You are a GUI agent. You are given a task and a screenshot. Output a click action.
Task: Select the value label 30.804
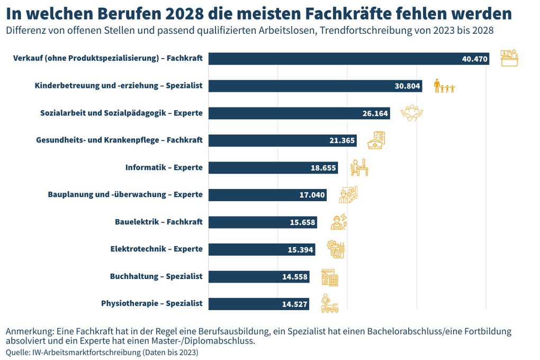click(x=407, y=86)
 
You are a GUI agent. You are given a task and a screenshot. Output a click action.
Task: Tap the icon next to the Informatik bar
click(x=359, y=168)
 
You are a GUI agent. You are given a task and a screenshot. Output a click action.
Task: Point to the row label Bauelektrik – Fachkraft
click(x=158, y=222)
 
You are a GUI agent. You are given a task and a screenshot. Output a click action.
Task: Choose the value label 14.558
click(x=294, y=277)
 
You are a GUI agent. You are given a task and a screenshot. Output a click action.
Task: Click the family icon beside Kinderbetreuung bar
click(x=444, y=86)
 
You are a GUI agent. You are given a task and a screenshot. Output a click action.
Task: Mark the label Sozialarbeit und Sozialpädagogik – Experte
click(x=121, y=113)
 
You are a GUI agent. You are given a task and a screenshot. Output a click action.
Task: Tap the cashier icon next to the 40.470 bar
click(x=509, y=58)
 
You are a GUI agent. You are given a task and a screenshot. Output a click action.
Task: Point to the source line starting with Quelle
click(x=102, y=352)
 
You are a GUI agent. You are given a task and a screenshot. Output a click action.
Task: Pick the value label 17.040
click(x=312, y=195)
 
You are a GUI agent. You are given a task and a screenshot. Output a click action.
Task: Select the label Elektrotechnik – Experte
click(x=156, y=249)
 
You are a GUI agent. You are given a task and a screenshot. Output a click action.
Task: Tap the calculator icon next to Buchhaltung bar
click(x=330, y=277)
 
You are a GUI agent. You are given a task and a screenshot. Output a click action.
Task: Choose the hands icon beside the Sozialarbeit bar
click(x=411, y=113)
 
